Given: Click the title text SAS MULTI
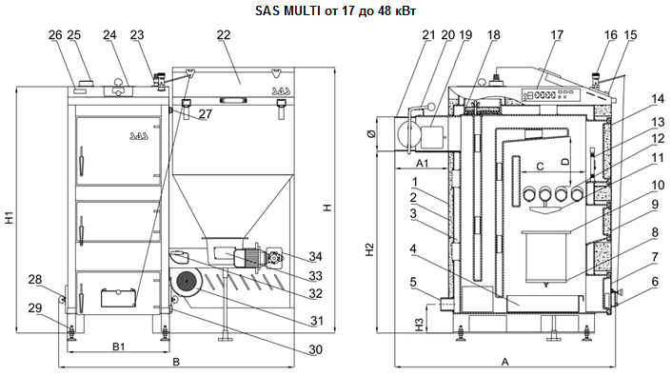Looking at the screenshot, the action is (x=287, y=10).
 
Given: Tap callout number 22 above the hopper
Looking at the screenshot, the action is (x=224, y=34).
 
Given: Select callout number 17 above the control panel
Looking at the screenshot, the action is (x=557, y=34).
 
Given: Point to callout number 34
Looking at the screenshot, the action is (x=315, y=256).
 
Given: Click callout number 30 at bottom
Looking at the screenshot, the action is (x=315, y=349).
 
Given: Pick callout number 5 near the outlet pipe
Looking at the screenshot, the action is (x=413, y=282).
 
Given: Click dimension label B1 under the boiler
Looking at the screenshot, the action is (x=118, y=346).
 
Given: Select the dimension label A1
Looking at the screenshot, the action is (x=423, y=163).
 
